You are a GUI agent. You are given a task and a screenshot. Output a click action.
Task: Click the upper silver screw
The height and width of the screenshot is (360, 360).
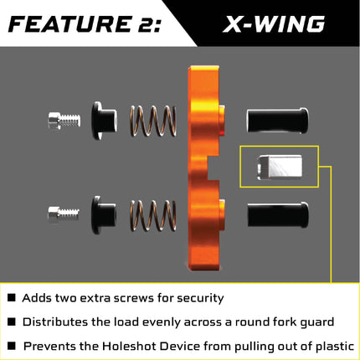point(64,120)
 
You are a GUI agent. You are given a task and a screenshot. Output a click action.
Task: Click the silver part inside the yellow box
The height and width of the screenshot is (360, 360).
point(280,167)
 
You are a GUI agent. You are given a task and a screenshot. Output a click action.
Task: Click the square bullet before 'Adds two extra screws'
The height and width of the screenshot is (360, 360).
point(11,298)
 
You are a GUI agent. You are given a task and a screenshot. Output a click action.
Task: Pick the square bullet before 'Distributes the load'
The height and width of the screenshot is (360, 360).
point(11,321)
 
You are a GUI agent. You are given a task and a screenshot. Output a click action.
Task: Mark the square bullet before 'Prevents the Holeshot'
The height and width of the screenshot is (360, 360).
point(11,345)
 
